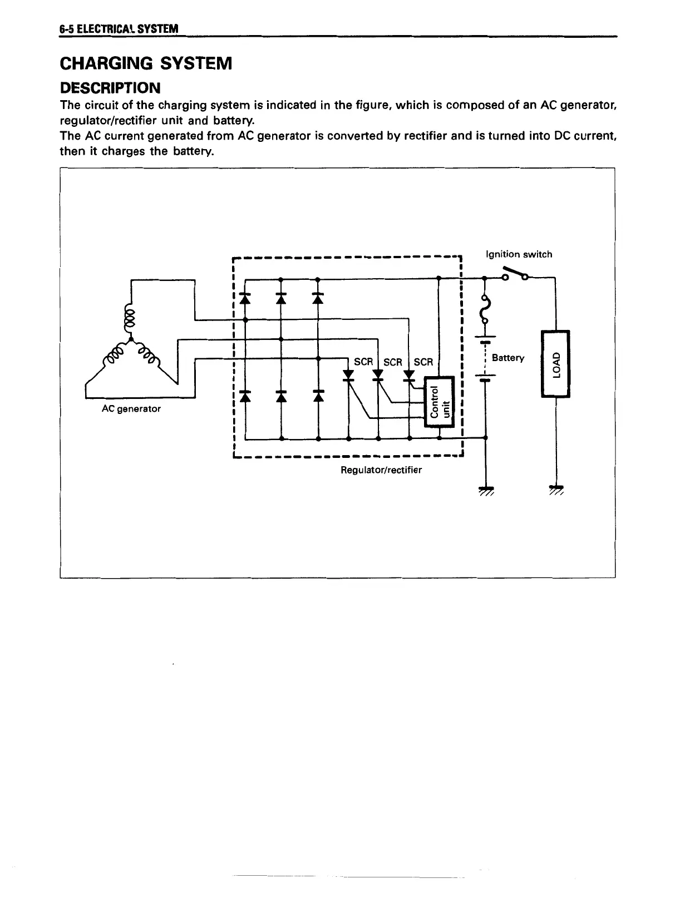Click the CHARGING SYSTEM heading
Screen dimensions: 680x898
coord(145,63)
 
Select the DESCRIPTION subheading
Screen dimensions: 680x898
coord(110,88)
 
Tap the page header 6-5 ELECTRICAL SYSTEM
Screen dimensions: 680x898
coord(118,28)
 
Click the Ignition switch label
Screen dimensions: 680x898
coord(519,254)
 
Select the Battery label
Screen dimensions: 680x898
coord(507,358)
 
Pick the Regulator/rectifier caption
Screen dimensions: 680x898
coord(381,470)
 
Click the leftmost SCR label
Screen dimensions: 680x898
coord(363,362)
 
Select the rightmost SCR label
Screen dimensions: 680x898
coord(423,362)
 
